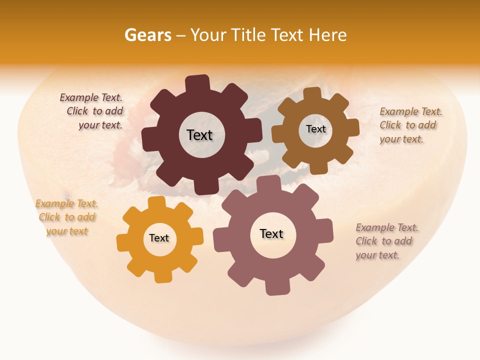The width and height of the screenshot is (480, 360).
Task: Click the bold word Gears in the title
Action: pos(147,35)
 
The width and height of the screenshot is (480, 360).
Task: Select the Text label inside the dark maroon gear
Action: pos(199,135)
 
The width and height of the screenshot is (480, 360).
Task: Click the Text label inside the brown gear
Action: pos(315,129)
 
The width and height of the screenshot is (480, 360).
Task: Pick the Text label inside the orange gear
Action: pos(159,238)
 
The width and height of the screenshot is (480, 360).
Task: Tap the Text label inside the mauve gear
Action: pos(271,234)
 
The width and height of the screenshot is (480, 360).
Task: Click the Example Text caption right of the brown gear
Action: pos(410,125)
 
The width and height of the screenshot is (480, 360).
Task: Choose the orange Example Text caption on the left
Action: pos(66,217)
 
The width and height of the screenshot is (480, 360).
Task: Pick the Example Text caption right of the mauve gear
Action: pos(386,241)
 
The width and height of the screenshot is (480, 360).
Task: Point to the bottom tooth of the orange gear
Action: pos(162,276)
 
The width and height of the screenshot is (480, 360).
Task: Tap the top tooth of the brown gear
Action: pos(312,93)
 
